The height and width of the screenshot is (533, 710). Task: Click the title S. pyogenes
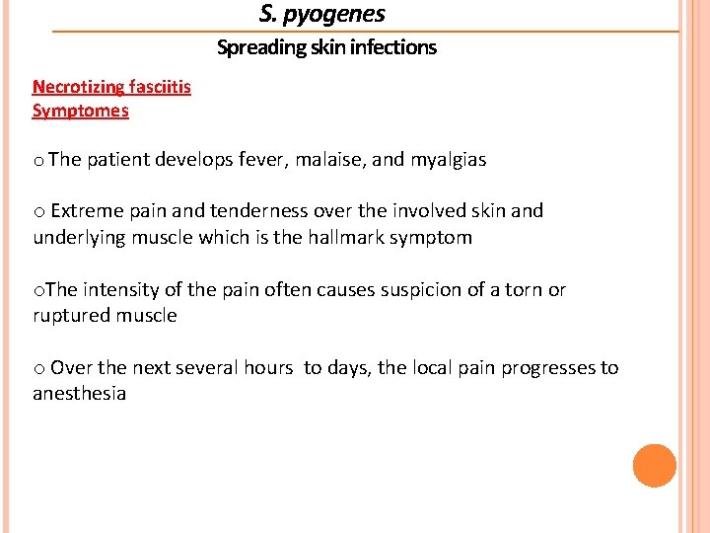click(x=322, y=14)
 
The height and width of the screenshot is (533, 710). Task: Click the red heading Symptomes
click(x=81, y=111)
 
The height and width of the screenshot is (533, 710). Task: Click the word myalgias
click(x=449, y=160)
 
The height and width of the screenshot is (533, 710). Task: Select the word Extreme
click(x=86, y=210)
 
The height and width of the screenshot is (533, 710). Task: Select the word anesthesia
click(x=80, y=394)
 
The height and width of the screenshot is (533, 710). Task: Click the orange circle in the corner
click(x=654, y=466)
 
